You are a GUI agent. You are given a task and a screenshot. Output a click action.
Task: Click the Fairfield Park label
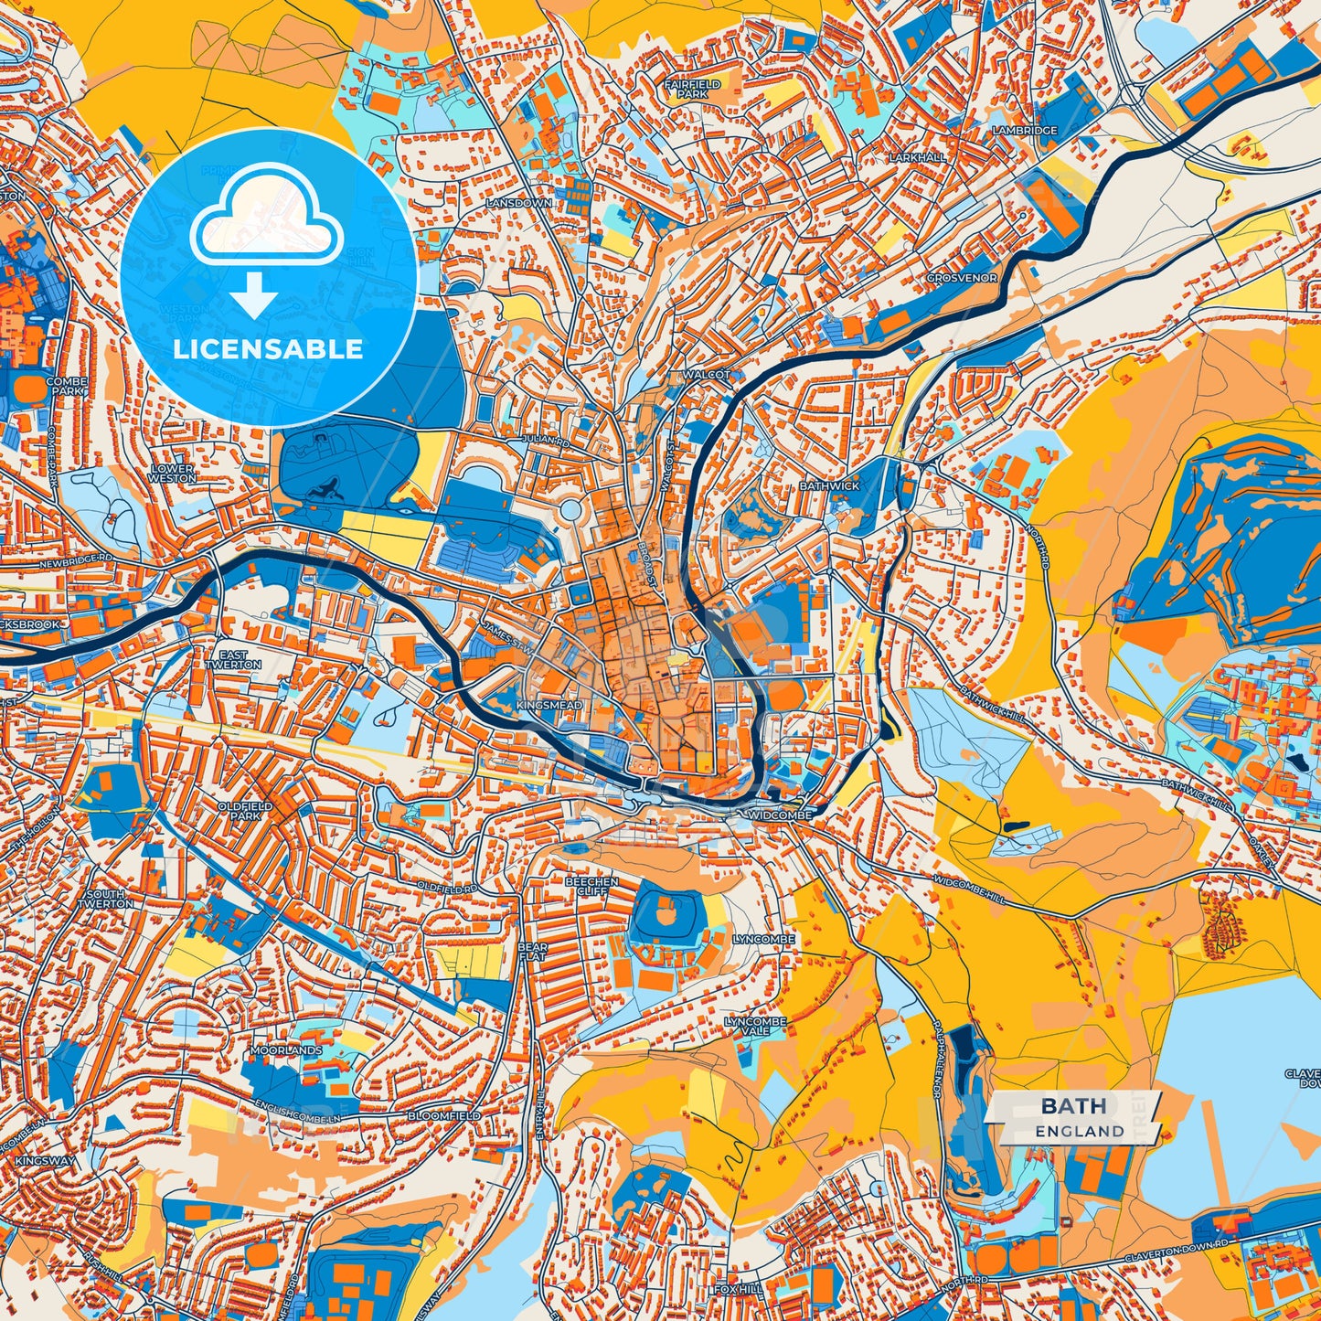point(692,89)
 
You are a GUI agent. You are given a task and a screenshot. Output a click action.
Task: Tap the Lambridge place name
point(1024,131)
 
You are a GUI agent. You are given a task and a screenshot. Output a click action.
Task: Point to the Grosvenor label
point(962,278)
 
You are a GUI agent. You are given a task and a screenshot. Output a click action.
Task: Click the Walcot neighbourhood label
point(705,375)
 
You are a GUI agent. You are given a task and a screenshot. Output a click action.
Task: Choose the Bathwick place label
point(829,486)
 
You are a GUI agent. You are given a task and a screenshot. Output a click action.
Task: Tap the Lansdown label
point(518,202)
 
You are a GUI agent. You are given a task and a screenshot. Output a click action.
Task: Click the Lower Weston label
point(172,473)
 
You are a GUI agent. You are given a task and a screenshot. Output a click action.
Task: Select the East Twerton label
point(233,660)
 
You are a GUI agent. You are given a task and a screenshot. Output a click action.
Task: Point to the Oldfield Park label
point(244,811)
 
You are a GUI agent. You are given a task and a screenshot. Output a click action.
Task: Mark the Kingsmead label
point(549,707)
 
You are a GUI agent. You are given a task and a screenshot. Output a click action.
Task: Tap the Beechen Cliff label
point(591,886)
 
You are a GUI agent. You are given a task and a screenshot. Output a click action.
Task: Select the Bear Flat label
point(532,952)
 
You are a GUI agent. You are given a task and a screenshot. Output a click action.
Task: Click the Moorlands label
point(287,1051)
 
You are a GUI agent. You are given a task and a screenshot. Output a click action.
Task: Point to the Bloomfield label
point(443,1116)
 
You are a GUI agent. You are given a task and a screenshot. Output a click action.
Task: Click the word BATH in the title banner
point(1072,1106)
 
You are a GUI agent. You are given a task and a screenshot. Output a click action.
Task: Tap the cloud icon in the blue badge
point(266,218)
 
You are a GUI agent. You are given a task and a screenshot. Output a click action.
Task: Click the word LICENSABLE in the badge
point(268,349)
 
